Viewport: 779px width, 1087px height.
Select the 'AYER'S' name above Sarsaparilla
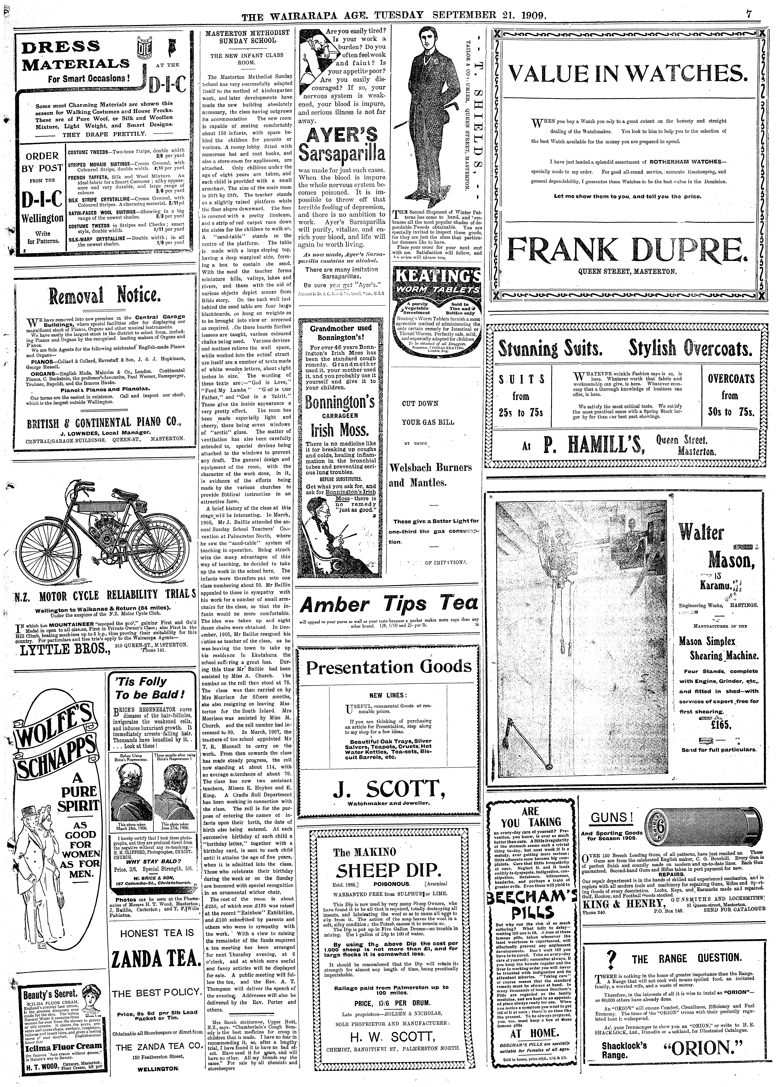(342, 135)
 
